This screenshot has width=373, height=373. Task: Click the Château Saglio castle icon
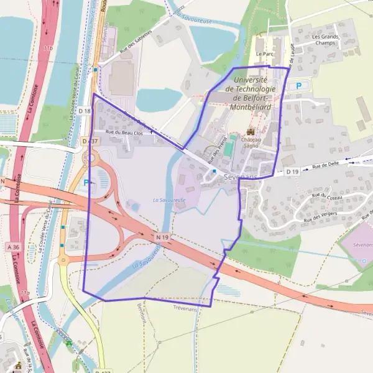251,132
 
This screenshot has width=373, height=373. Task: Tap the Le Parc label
265,54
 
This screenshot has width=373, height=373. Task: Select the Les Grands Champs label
325,40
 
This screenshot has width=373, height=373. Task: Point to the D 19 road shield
293,171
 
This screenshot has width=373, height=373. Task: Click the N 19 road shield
163,237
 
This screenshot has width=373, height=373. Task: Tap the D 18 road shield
85,111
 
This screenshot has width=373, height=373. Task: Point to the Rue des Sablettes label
136,42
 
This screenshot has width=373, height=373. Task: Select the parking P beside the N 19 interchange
86,183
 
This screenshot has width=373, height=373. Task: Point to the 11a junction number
24,292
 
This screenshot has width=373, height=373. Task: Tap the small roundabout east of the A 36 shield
63,261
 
